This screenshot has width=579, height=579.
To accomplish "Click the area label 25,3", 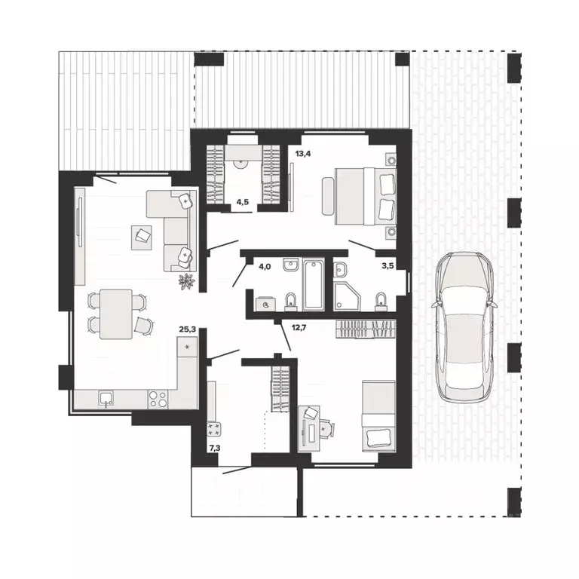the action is pos(187,329).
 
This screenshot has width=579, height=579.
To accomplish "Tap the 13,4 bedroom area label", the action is pos(303,153).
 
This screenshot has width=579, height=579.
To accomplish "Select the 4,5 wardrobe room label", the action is pos(242,201).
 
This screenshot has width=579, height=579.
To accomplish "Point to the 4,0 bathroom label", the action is pos(265,266).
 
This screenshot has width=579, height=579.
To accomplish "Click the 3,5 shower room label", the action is pos(388,265).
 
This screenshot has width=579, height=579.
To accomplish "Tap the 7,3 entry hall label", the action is pos(215,448).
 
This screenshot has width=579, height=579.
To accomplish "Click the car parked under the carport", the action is pos(464,326).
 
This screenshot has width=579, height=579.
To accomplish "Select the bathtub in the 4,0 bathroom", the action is pos(314,284).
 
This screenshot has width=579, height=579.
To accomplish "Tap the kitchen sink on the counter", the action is pos(106,400).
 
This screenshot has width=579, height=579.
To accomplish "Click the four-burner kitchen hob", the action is pos(158,399).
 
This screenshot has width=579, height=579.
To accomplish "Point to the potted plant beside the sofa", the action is pos(187,281).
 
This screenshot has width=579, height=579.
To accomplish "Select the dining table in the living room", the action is pos(116,314).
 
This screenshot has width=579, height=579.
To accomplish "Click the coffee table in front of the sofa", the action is pos(141,237).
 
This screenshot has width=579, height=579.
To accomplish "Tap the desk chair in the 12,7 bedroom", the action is pos(326,429).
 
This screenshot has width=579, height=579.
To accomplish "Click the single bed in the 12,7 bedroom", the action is pos(378,416).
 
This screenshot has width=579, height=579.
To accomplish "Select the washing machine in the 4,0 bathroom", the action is pos(265,303).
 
